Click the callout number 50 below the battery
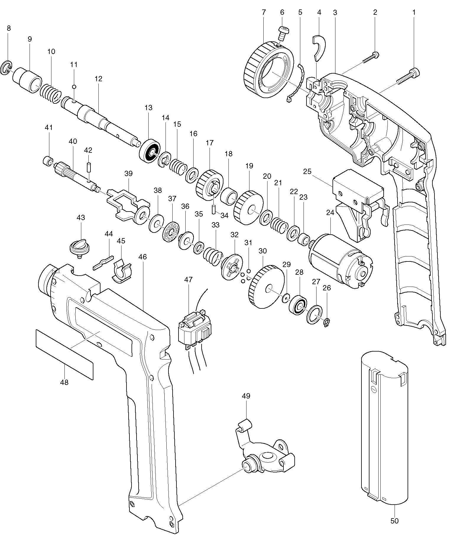tap(394, 521)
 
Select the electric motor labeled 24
tap(340, 258)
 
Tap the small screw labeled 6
tap(284, 33)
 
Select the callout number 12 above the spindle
tap(98, 79)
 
